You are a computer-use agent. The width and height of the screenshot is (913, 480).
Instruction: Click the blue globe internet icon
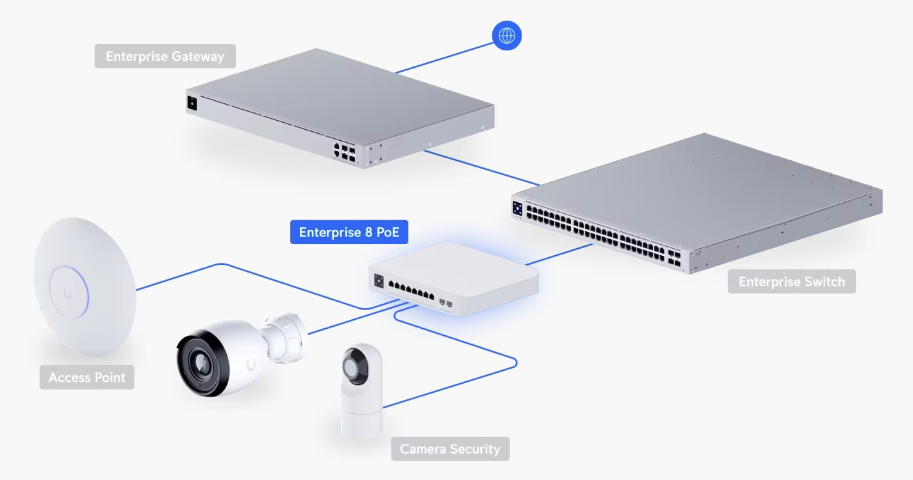[507, 36]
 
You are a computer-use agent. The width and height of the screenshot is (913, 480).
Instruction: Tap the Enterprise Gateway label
[165, 56]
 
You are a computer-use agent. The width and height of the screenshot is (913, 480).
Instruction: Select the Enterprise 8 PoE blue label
[349, 232]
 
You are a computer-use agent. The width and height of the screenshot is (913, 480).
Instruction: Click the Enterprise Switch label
[792, 282]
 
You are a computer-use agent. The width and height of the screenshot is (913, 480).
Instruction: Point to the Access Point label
[87, 377]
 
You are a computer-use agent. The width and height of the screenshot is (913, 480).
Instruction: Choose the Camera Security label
[450, 448]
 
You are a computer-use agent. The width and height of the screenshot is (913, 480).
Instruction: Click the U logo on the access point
[67, 293]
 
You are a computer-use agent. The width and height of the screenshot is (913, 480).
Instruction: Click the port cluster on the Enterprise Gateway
[344, 152]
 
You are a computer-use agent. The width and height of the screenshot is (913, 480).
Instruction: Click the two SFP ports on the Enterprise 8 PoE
[445, 302]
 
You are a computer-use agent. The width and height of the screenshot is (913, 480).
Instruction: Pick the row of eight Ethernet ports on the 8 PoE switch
[412, 291]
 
